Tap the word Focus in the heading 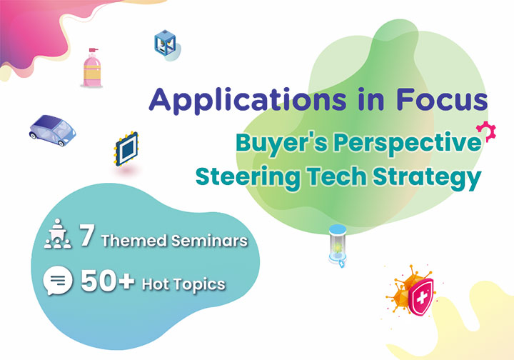coord(442,99)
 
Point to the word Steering coord(248,178)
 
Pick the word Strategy coord(427,178)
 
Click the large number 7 coord(87,235)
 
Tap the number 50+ coord(108,281)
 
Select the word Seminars coord(209,241)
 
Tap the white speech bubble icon coord(58,280)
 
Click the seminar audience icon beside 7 coord(58,234)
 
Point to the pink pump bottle coord(92,68)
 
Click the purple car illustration coord(52,130)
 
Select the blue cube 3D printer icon coord(165,43)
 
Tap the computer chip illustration coord(126,149)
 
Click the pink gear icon coord(486,131)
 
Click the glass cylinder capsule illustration coord(338,244)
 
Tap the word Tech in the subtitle coord(336,176)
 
